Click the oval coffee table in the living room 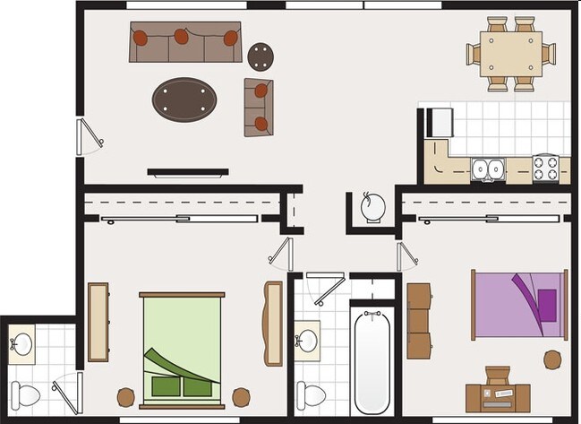(184, 99)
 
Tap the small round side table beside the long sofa (261, 56)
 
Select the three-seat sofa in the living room (185, 42)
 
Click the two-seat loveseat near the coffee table (259, 107)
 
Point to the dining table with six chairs (511, 54)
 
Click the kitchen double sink (488, 169)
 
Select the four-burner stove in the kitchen (546, 168)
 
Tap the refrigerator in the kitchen (440, 122)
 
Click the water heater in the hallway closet (373, 208)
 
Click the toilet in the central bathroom (311, 394)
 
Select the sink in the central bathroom (307, 341)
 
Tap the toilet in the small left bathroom (25, 394)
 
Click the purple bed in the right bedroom (520, 305)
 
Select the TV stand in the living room (188, 172)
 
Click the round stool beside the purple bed (552, 359)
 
